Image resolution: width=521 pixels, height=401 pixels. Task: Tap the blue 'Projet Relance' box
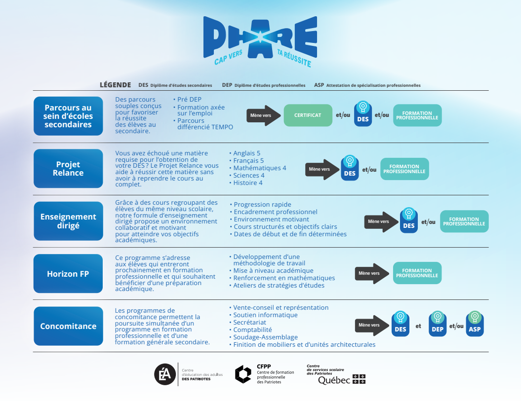(x=68, y=169)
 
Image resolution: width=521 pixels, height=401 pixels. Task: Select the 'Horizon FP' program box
(x=68, y=274)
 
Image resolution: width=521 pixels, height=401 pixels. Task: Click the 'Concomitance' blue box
(x=68, y=326)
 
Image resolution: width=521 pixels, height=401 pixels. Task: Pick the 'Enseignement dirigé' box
(x=68, y=221)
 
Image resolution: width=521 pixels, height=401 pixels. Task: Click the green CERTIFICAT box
(x=308, y=115)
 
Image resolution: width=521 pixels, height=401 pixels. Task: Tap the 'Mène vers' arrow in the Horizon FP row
(x=371, y=273)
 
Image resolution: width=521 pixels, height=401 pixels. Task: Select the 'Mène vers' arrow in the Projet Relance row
(x=321, y=169)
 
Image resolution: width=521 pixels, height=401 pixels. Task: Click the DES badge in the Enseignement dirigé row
(x=409, y=220)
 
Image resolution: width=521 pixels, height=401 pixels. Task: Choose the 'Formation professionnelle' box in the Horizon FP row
(x=417, y=273)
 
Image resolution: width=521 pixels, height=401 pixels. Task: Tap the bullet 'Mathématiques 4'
(x=260, y=168)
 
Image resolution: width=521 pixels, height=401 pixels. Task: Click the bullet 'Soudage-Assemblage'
(x=266, y=337)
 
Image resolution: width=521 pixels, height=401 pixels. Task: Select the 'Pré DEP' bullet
(x=189, y=100)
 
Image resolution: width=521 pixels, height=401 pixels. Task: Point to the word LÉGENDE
(x=116, y=85)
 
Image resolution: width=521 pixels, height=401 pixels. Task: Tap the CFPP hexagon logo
(x=243, y=374)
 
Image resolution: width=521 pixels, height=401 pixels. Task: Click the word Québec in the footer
(x=334, y=380)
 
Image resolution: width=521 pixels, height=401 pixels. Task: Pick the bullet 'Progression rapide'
(x=262, y=205)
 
